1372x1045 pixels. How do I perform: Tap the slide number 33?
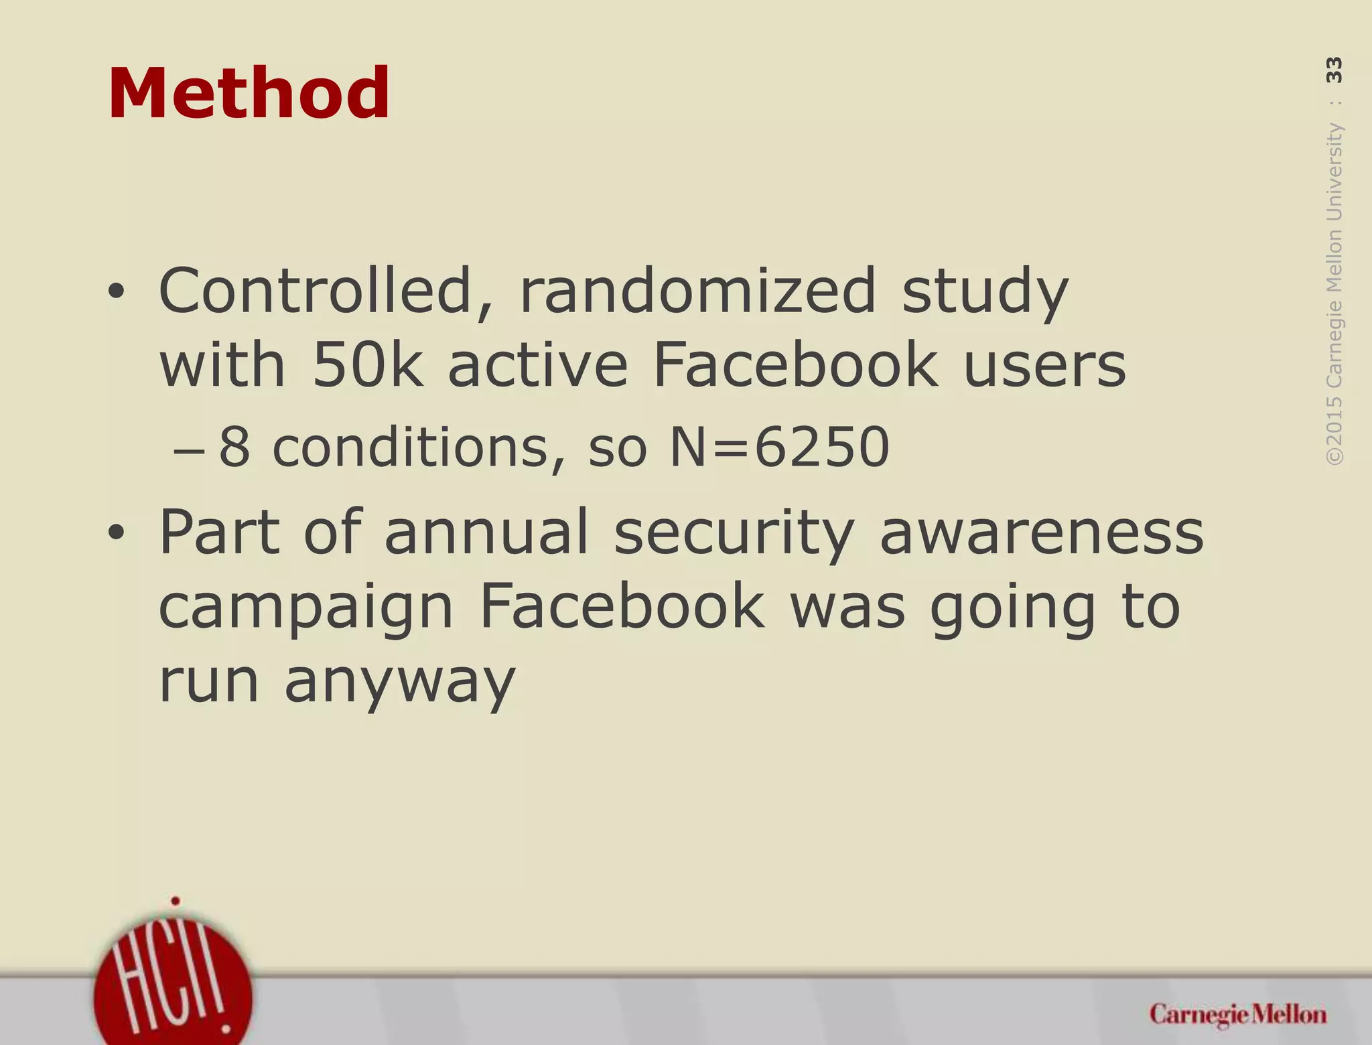click(1334, 70)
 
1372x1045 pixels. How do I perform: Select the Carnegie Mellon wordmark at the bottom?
click(1238, 1015)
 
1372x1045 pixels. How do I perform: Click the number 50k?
click(368, 365)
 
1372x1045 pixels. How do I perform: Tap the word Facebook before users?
click(795, 365)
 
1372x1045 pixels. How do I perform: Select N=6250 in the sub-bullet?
click(780, 447)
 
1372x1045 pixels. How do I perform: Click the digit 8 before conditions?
click(234, 447)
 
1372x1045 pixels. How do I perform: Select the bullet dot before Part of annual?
click(117, 534)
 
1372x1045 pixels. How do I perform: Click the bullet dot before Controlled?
click(117, 291)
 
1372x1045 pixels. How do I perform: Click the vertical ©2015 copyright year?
click(1334, 430)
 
